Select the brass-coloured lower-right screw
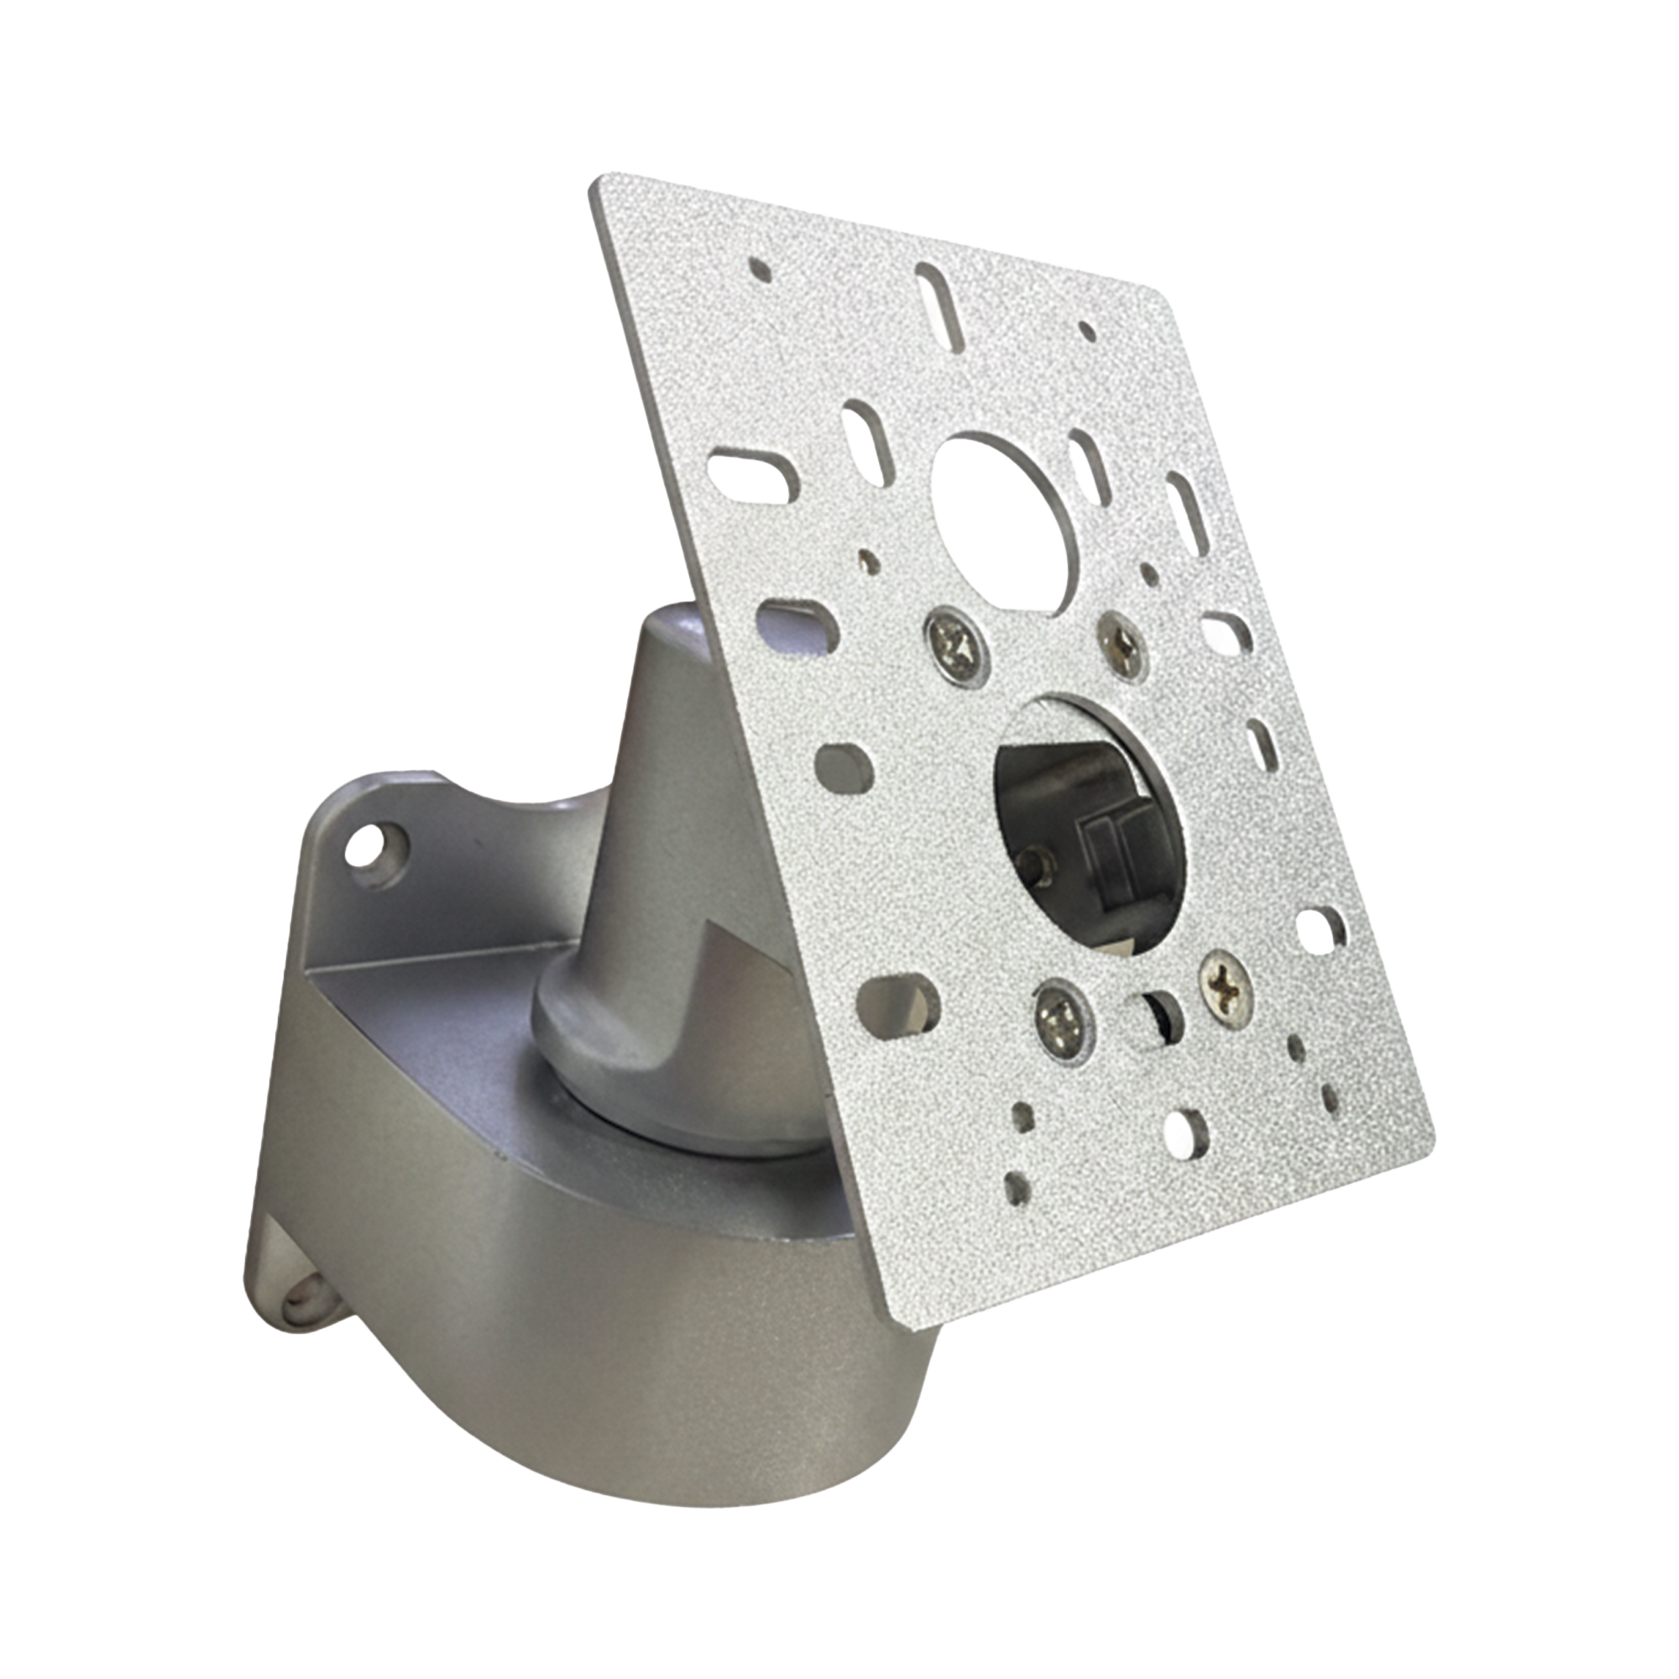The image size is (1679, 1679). point(1226,981)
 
